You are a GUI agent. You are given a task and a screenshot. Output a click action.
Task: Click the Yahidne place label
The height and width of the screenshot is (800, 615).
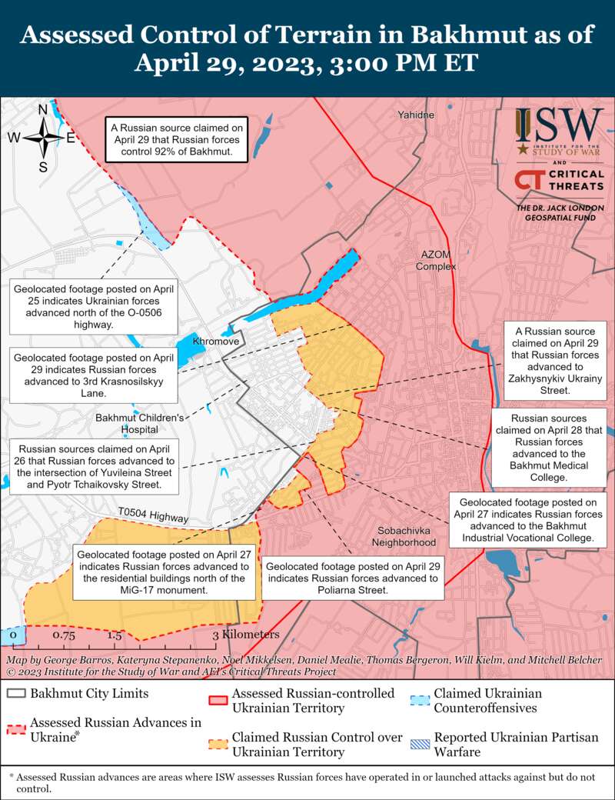click(x=416, y=115)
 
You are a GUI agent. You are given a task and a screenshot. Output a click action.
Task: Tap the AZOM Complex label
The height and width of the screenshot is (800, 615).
click(x=436, y=261)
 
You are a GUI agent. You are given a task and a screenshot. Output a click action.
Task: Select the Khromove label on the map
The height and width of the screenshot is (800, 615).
click(x=215, y=341)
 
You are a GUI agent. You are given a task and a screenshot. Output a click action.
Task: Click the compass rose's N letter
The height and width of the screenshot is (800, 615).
click(x=43, y=109)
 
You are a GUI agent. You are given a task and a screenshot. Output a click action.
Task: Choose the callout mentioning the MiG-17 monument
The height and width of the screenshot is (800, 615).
click(x=165, y=572)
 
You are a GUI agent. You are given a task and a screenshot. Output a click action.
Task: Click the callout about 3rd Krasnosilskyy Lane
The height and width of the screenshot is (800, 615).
click(x=93, y=375)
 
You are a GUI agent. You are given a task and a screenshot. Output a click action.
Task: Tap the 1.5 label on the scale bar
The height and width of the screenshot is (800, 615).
click(x=115, y=635)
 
